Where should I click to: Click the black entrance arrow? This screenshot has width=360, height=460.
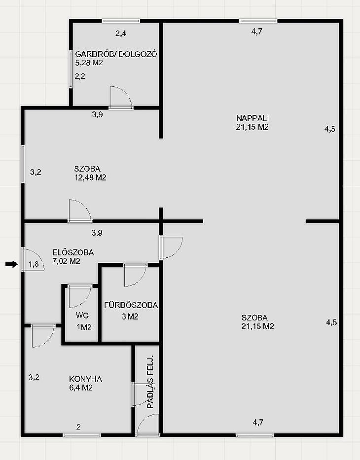coord(11,265)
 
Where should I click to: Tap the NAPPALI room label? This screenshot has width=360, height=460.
coord(252,118)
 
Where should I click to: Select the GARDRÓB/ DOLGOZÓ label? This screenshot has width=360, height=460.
coord(116,54)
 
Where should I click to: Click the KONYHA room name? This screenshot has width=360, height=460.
coord(85,379)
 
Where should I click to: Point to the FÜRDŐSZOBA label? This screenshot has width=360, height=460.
coord(131,305)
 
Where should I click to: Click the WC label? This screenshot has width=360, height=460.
coord(82,316)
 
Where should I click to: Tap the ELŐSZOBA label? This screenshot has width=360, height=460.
coord(73,252)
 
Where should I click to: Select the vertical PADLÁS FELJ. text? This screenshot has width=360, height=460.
coord(150,382)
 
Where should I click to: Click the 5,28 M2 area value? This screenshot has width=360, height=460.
coord(89,63)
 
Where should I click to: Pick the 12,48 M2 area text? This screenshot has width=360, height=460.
coord(91,177)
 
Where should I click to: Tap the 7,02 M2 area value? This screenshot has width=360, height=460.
coord(66,261)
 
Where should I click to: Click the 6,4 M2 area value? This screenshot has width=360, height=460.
coord(81,388)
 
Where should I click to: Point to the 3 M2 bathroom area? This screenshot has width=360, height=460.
coord(130,317)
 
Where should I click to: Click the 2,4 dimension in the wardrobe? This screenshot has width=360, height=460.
coord(121,34)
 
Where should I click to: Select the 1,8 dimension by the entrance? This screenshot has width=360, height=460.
coord(33,264)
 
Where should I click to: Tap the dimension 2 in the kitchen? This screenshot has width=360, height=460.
coord(78,427)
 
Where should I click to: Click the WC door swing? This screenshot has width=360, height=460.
coord(80,296)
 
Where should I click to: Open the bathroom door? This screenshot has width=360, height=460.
coord(135,275)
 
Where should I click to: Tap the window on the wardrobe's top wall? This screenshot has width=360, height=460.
coord(121,21)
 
